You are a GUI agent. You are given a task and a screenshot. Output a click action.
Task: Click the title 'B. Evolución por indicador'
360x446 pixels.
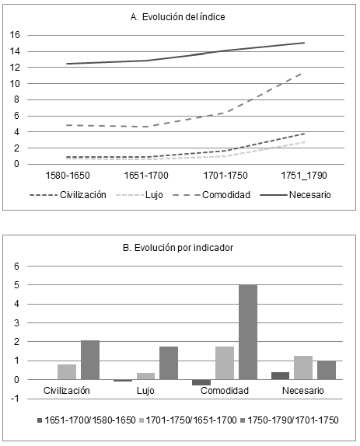[180, 249]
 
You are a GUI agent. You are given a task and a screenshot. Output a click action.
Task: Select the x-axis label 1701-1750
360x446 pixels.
[224, 176]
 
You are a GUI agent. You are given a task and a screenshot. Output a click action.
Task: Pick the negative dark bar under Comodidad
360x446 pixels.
[202, 382]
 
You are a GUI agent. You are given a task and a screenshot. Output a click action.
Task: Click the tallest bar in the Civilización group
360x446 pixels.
[90, 360]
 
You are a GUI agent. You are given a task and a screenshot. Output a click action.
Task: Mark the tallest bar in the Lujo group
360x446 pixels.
[169, 363]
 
